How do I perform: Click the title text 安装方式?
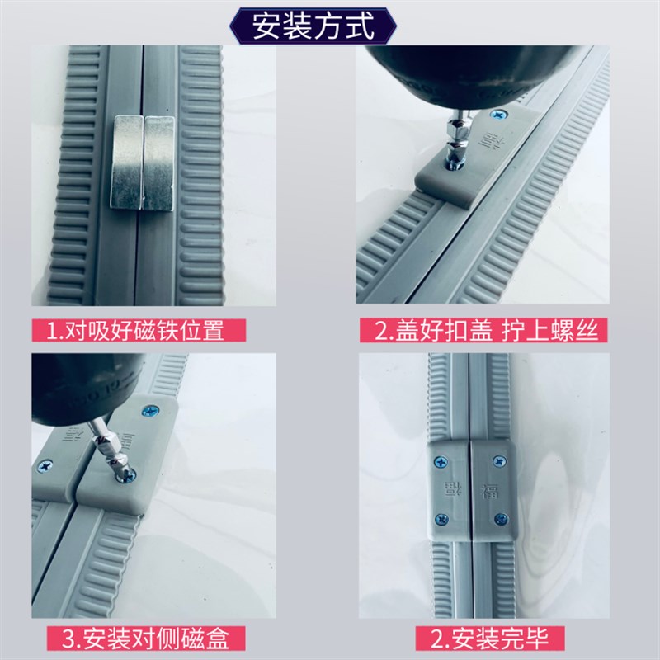tap(313, 26)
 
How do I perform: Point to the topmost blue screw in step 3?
tap(150, 409)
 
